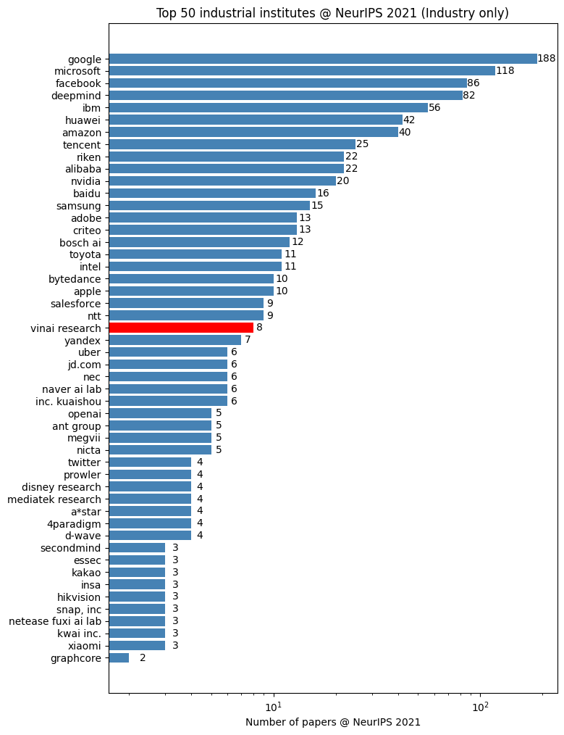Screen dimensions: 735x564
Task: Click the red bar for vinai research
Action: point(181,328)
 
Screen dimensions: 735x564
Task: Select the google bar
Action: point(322,59)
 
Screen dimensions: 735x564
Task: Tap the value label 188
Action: point(547,59)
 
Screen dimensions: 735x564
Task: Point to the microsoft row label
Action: point(77,71)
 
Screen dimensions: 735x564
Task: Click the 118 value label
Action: point(505,71)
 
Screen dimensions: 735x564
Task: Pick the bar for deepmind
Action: point(285,96)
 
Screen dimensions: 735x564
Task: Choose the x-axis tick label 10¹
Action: point(274,707)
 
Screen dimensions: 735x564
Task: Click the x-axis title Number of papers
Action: point(332,722)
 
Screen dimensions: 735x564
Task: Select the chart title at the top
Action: point(332,13)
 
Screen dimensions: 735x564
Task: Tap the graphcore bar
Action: point(119,658)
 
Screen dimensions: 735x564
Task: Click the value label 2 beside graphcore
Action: point(143,658)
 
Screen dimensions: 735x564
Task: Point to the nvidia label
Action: point(86,181)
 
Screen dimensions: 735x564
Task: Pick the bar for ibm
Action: point(268,108)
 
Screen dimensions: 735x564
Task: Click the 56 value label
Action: point(434,108)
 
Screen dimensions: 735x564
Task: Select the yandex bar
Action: point(174,340)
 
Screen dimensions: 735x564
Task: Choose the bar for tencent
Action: point(232,144)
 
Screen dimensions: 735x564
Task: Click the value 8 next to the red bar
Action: point(259,328)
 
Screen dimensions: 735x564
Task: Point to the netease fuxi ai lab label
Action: point(55,621)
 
